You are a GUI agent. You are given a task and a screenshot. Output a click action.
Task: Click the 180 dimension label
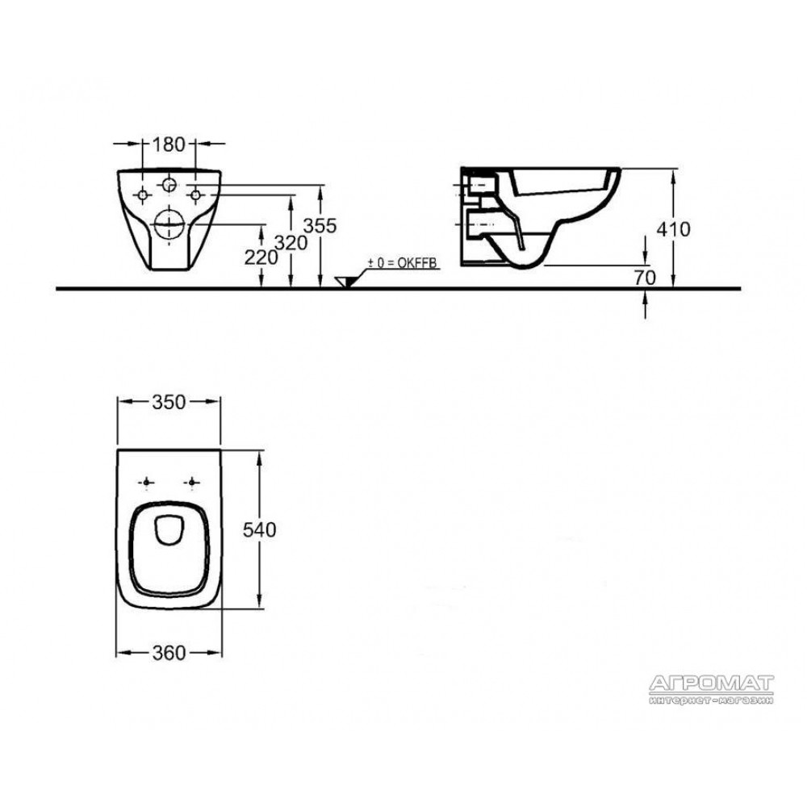(169, 144)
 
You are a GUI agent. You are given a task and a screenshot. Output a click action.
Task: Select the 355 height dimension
(320, 225)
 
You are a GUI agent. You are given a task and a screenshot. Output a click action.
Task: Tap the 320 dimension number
(291, 242)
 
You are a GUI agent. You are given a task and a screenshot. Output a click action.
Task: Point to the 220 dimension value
(261, 257)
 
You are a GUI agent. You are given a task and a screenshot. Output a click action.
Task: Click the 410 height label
(673, 229)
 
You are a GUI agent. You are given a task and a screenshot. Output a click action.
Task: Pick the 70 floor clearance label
(644, 278)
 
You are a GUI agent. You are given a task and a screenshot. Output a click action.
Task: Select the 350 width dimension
(169, 402)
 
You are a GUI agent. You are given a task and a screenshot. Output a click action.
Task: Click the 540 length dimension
(259, 529)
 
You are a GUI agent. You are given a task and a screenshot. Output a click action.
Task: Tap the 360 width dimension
(169, 653)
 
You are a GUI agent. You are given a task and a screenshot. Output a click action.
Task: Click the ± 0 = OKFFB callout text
(401, 264)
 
